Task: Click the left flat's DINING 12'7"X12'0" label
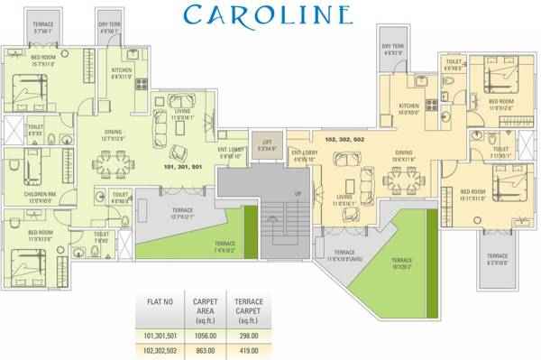[x=118, y=135]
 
